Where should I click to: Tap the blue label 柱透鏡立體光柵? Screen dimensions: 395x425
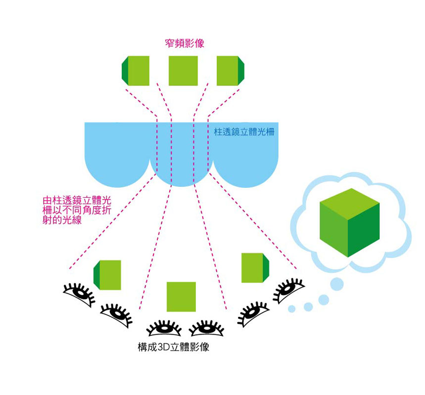click(244, 132)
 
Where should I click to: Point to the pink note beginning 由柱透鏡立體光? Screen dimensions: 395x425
click(77, 211)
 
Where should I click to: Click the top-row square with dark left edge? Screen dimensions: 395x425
click(136, 70)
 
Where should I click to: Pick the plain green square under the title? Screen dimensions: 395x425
click(183, 70)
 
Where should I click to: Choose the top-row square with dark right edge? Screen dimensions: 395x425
click(231, 70)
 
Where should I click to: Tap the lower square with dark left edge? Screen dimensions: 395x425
click(107, 274)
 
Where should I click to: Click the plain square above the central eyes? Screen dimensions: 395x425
click(181, 297)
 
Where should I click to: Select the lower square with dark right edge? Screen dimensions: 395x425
click(255, 267)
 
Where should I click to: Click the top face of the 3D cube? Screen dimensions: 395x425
click(350, 200)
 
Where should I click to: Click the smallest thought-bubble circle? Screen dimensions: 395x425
click(292, 309)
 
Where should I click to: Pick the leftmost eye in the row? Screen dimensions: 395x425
click(79, 293)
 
